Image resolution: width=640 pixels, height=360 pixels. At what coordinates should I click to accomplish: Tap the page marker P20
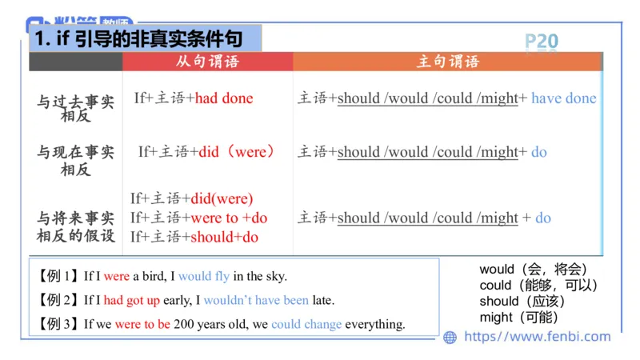tap(542, 42)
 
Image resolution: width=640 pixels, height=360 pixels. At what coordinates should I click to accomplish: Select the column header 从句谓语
tap(207, 62)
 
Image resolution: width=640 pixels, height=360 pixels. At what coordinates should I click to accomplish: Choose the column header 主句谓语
tap(448, 62)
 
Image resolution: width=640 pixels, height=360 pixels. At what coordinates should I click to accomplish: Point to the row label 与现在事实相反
tap(76, 159)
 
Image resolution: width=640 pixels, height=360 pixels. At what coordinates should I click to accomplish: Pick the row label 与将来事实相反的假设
tap(76, 226)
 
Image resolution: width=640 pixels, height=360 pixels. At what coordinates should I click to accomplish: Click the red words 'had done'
tap(224, 98)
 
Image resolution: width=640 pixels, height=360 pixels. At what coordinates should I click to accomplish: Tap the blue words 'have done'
tap(564, 98)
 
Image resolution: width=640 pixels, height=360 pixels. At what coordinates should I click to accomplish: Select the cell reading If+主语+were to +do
tap(199, 218)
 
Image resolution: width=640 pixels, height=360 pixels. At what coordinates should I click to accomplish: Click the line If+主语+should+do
tap(194, 236)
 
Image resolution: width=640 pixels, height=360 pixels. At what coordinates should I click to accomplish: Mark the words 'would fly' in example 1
tap(204, 276)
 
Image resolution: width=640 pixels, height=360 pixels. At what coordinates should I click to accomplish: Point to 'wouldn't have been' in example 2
tap(256, 300)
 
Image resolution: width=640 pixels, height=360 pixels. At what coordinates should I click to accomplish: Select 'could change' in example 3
tap(306, 324)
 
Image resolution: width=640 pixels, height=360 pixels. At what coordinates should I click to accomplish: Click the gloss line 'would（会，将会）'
tap(534, 270)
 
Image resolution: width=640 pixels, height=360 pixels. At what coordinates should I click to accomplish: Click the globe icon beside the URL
tap(450, 337)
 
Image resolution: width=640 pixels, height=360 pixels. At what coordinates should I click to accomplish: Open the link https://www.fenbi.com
tap(537, 337)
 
